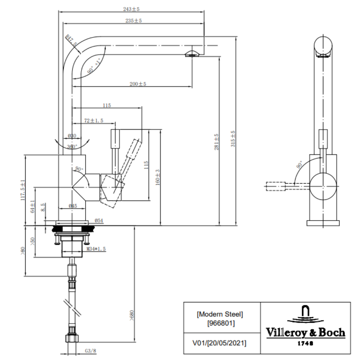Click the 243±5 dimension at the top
click(x=131, y=9)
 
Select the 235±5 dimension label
click(x=134, y=21)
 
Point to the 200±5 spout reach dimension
click(x=138, y=84)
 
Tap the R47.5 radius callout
click(x=71, y=40)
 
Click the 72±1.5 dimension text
click(x=94, y=121)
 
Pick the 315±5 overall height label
click(x=233, y=138)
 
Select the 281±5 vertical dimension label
click(x=217, y=142)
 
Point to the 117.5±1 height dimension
click(x=22, y=190)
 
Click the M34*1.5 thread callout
click(x=96, y=248)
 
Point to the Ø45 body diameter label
click(x=72, y=206)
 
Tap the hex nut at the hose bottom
click(x=72, y=339)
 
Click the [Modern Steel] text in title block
click(x=220, y=314)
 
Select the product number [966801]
click(x=221, y=323)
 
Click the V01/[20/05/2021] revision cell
click(x=220, y=343)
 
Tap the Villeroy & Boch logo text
click(x=305, y=332)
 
